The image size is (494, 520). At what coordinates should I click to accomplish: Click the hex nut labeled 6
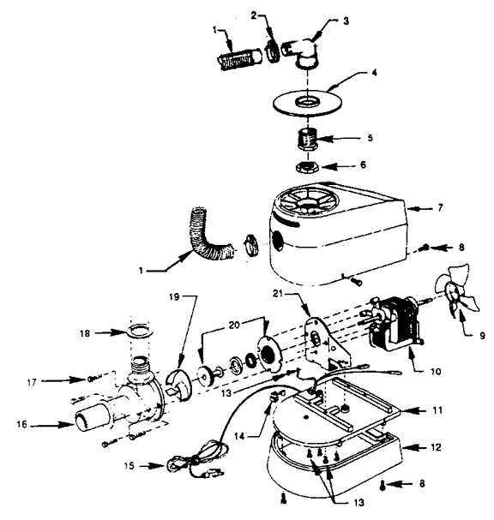(307, 166)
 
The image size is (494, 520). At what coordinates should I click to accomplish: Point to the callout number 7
(440, 207)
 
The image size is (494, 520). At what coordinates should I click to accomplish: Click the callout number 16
(22, 424)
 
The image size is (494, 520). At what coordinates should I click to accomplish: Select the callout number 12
(436, 447)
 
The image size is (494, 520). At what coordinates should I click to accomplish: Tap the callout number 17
(32, 382)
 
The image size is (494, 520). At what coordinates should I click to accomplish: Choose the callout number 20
(234, 325)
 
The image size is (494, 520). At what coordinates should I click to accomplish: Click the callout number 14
(239, 436)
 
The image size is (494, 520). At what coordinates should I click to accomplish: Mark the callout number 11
(437, 410)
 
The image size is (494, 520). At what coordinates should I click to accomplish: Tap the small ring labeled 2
(271, 51)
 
